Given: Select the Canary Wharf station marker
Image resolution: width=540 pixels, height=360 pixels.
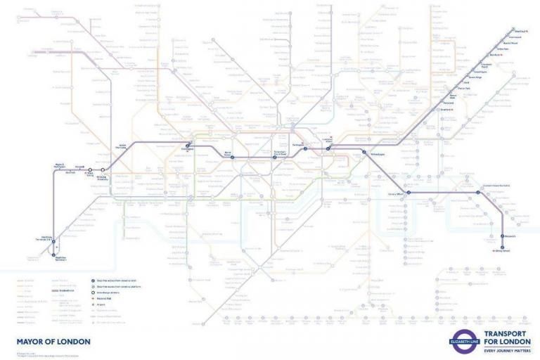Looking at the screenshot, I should point(407,192).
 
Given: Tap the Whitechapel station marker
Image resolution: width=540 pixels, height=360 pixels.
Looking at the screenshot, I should point(364,152).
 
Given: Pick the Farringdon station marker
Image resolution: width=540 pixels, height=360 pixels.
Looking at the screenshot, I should point(307,148).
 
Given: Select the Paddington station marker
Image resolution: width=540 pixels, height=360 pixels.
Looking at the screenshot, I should point(188,146).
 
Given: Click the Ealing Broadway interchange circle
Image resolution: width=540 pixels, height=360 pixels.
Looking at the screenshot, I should point(103,170).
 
